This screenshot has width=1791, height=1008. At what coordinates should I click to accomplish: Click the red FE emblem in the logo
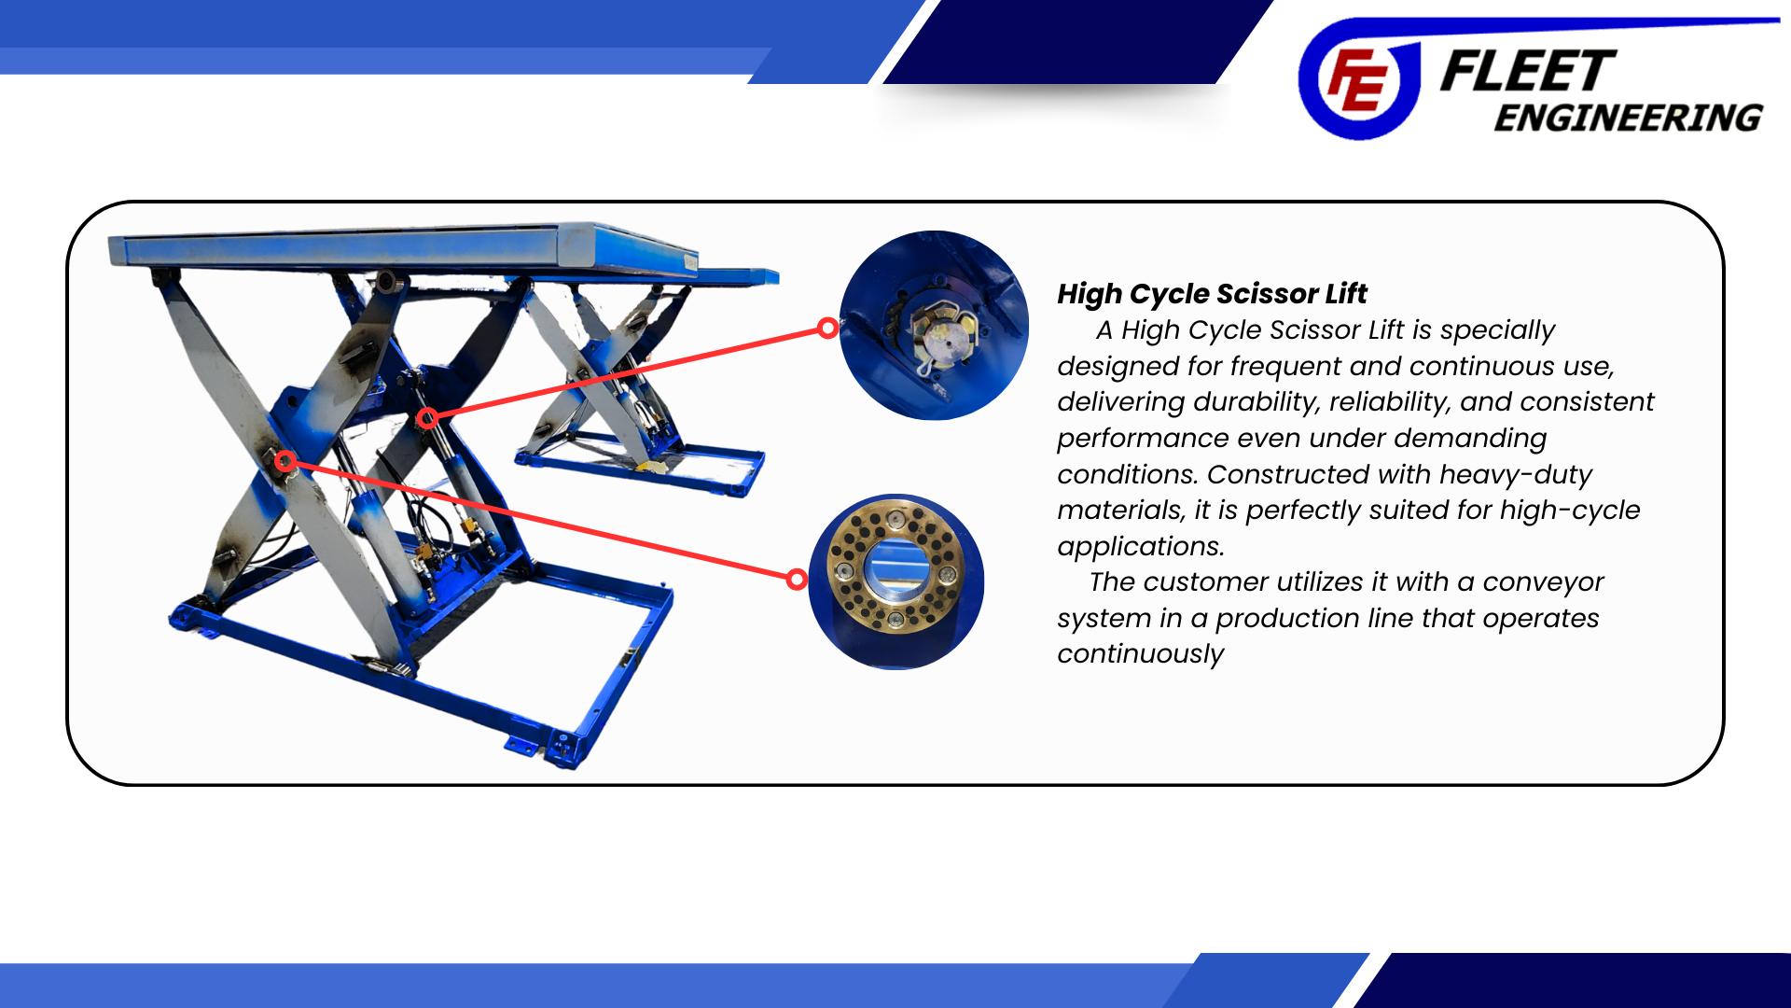[1357, 80]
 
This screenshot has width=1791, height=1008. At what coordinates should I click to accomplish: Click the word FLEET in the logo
[1528, 72]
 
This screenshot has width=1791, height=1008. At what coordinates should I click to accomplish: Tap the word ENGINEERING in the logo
[1629, 119]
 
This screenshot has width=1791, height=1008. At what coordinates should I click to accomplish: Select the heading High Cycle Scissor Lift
[1212, 294]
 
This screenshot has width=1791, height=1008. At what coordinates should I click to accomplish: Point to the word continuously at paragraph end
[1140, 654]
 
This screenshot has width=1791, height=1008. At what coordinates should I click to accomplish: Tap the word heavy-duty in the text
[1516, 475]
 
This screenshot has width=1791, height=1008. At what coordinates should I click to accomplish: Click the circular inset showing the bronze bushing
[896, 581]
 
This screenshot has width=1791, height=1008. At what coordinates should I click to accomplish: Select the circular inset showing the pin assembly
[934, 325]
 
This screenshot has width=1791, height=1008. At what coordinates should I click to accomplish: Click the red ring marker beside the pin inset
[827, 328]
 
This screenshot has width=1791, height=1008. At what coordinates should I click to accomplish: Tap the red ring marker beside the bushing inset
[797, 580]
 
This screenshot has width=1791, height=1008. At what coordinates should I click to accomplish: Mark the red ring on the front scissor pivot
[285, 461]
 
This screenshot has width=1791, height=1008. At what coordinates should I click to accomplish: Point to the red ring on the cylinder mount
[427, 418]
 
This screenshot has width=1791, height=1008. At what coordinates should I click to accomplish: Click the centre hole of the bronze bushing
[896, 567]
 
